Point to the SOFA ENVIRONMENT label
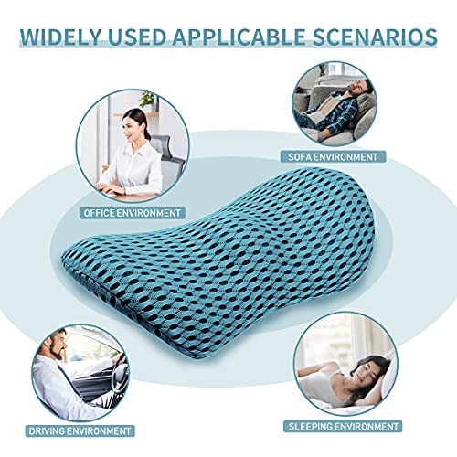point(335,156)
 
